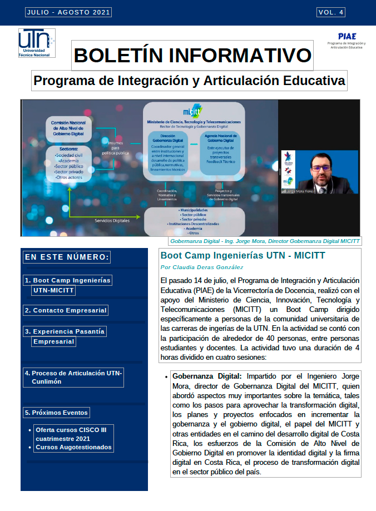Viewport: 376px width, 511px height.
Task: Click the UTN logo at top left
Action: click(x=37, y=43)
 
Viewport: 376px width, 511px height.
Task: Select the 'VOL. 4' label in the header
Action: click(x=331, y=12)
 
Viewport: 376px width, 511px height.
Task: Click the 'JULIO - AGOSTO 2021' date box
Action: click(x=60, y=12)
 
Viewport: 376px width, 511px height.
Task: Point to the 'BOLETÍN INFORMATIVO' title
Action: click(x=192, y=55)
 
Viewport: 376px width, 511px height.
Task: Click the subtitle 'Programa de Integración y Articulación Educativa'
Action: click(x=189, y=81)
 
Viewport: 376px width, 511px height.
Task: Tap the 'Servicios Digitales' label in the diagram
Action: click(x=112, y=220)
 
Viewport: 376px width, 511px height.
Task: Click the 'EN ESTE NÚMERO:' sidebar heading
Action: click(x=67, y=257)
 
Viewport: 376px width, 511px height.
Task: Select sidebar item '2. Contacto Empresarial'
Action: click(x=66, y=310)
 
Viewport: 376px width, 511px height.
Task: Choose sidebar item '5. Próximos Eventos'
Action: click(x=56, y=413)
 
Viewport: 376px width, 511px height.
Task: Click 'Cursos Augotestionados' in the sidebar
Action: click(x=74, y=447)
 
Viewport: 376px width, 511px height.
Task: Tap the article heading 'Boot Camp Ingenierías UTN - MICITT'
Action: click(x=243, y=256)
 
